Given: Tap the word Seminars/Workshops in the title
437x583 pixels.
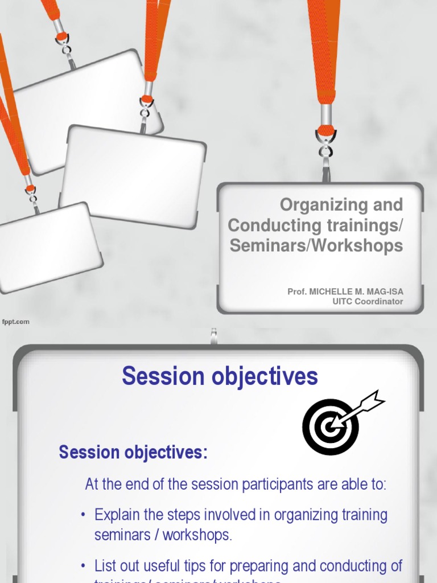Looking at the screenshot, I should [x=316, y=245].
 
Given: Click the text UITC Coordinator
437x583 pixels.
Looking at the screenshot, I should [x=368, y=302].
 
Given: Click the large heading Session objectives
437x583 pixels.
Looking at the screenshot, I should [x=220, y=376].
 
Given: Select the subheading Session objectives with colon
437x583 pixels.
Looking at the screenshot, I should [x=133, y=453].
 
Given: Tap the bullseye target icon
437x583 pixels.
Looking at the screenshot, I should [x=330, y=427].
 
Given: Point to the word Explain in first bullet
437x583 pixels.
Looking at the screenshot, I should [x=116, y=515].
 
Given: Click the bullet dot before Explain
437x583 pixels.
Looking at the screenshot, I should [x=83, y=516].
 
